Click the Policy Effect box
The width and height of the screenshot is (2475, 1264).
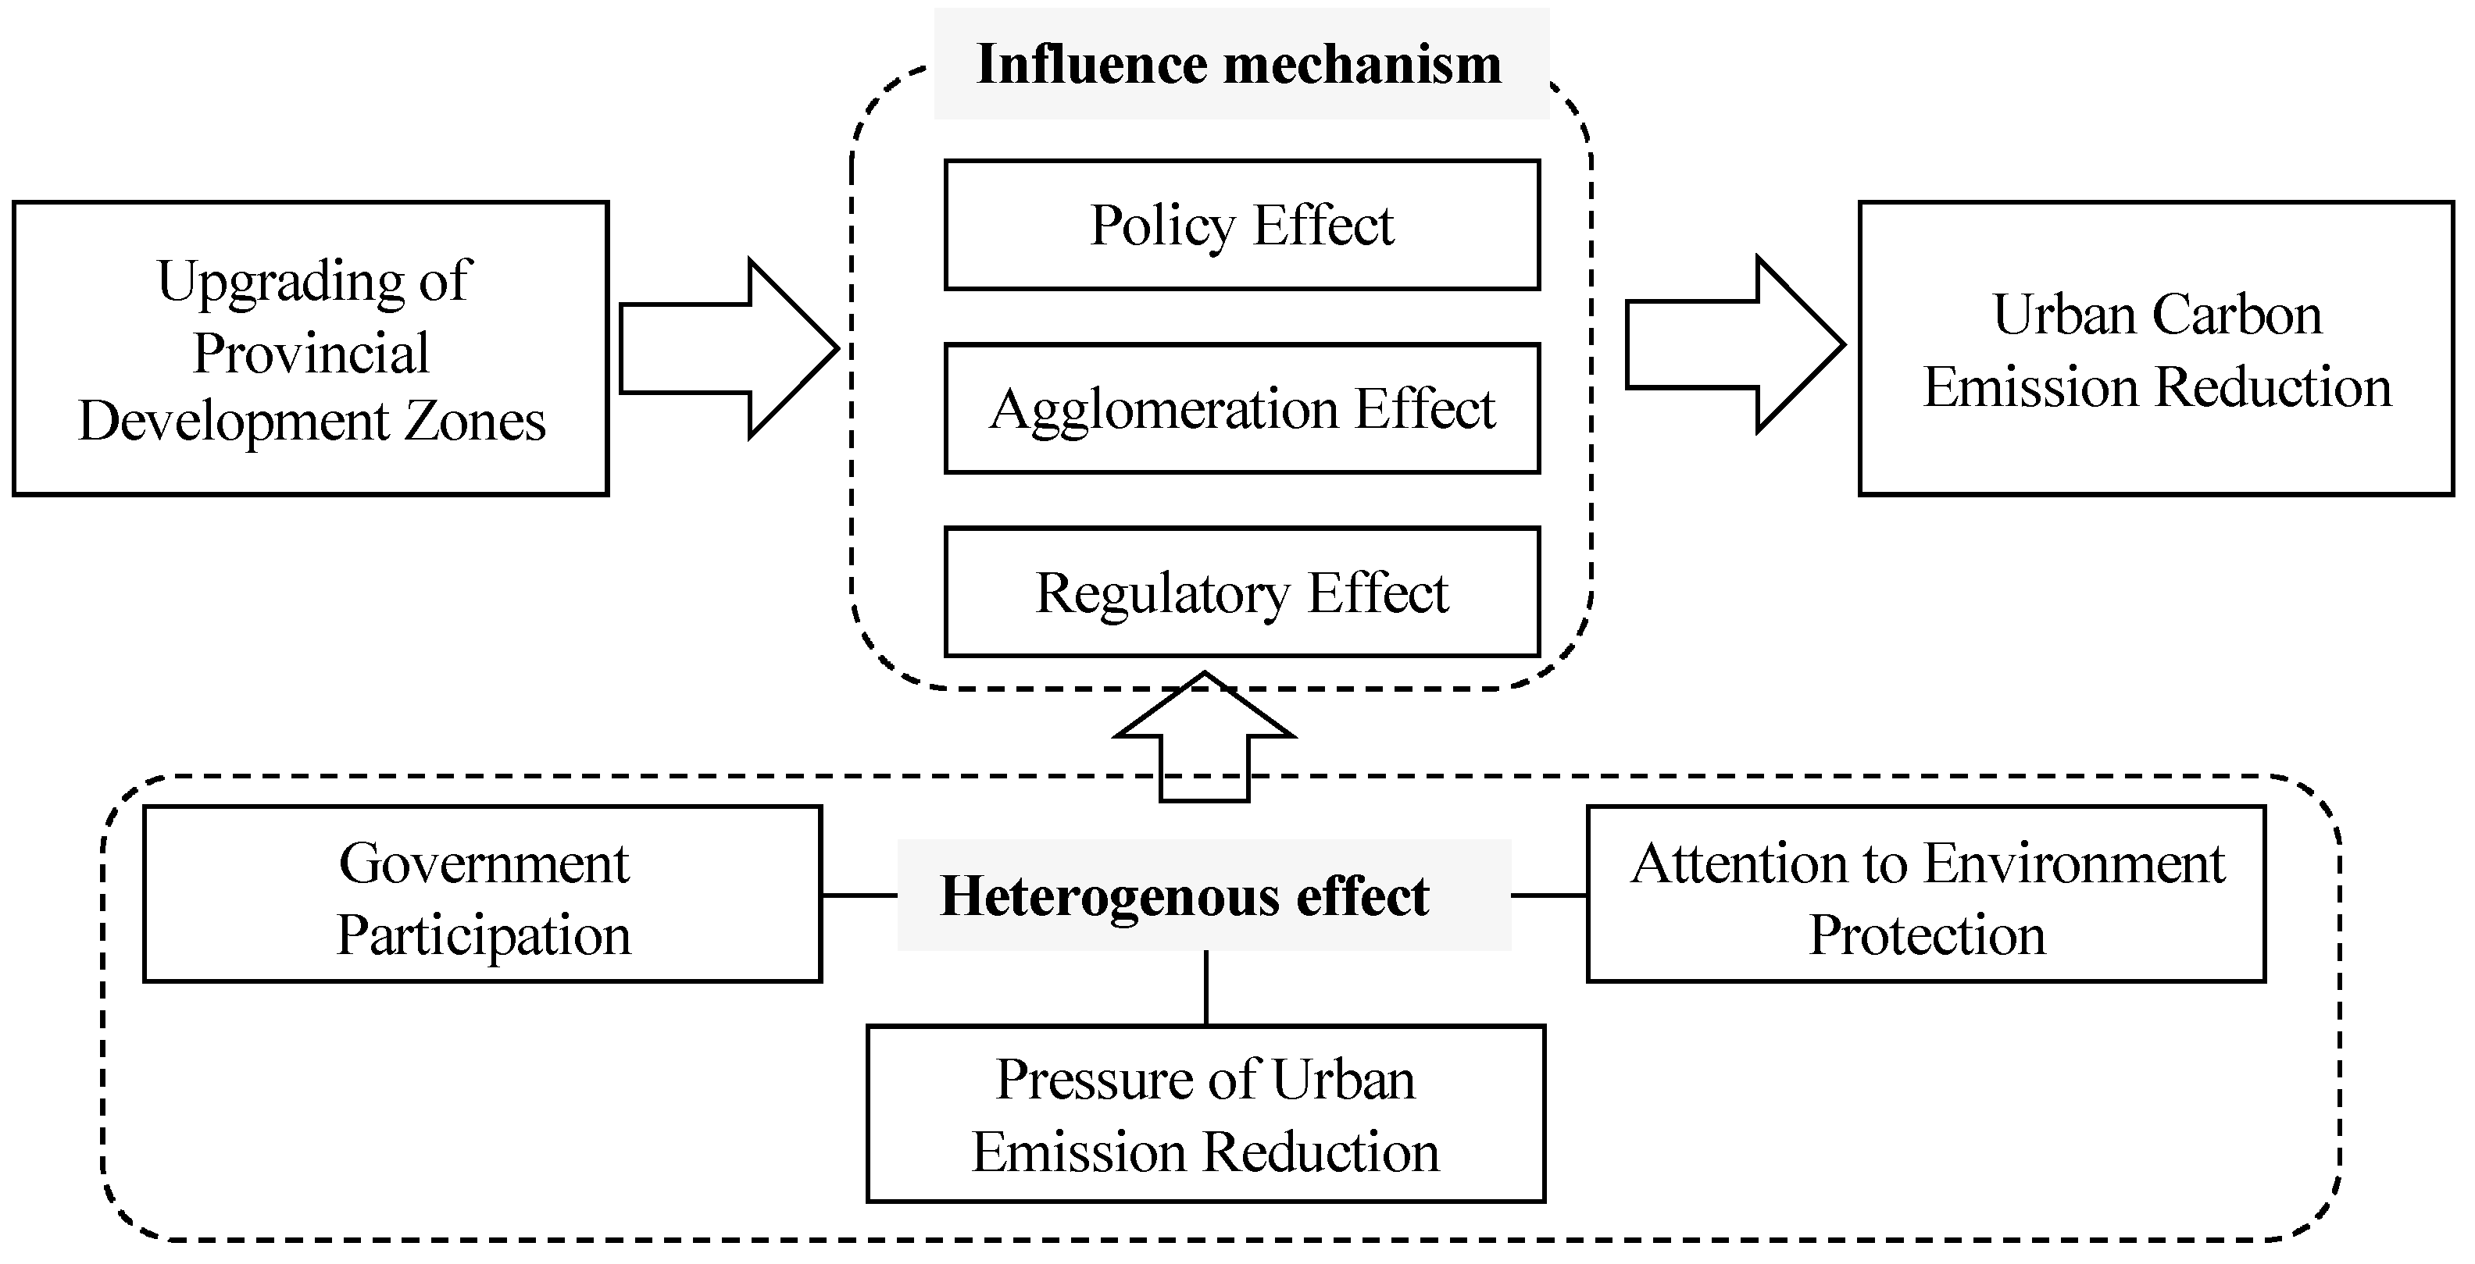tap(1241, 225)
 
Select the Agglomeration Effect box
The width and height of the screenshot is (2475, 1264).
tap(1241, 408)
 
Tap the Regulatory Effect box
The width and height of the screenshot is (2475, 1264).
tap(1241, 592)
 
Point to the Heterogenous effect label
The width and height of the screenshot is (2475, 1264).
tap(1184, 895)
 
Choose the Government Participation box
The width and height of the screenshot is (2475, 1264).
tap(482, 894)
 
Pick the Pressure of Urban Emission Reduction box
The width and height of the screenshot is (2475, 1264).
tap(1205, 1114)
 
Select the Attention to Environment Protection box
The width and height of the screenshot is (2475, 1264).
tap(1927, 894)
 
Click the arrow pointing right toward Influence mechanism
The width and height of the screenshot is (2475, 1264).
tap(728, 349)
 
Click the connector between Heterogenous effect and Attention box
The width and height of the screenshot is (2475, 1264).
tap(1548, 895)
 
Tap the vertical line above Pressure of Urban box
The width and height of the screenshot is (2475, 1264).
tap(1205, 988)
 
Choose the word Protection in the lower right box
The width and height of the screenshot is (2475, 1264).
tap(1927, 935)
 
